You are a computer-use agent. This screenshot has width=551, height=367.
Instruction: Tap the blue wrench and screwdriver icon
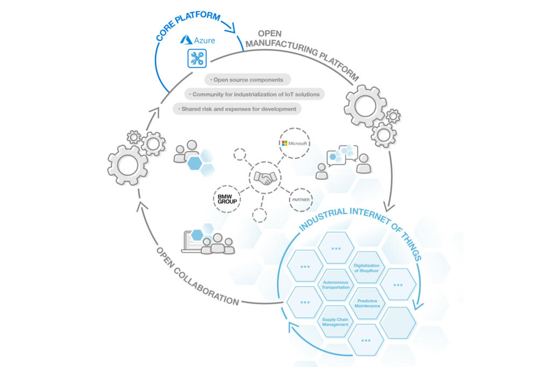point(197,58)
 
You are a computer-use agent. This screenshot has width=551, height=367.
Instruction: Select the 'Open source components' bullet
point(248,80)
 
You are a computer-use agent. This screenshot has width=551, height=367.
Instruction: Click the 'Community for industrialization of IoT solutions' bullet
point(255,94)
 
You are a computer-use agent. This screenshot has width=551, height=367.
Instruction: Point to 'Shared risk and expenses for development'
point(237,109)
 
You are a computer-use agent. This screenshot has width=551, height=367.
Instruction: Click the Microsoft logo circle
point(294,143)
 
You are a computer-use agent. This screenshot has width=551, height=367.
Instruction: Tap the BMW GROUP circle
point(227,199)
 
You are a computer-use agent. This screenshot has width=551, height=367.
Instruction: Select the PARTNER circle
point(301,200)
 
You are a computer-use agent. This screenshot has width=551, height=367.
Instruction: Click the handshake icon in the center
point(265,178)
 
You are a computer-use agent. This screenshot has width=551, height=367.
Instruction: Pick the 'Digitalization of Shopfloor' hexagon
point(366,268)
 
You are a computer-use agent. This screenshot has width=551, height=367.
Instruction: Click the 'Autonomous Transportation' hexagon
point(336,285)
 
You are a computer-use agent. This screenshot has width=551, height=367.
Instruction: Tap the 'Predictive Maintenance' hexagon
point(367,304)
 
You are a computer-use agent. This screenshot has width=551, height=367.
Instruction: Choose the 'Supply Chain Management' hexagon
point(335,322)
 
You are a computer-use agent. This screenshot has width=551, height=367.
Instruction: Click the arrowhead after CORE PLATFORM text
point(230,27)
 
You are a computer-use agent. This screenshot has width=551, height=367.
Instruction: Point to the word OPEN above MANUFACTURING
point(270,34)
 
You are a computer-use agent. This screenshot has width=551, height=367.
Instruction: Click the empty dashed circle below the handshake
point(259,215)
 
